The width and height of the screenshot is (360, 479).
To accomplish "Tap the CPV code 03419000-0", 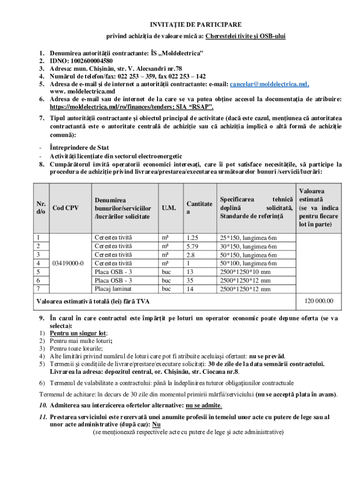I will [x=68, y=263].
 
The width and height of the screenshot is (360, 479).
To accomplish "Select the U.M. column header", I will [x=169, y=208].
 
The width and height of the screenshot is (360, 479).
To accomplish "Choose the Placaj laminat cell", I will [x=113, y=289].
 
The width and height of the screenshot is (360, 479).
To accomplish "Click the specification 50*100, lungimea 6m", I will [x=249, y=263].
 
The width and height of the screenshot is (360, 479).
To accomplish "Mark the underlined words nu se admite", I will [x=203, y=405].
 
